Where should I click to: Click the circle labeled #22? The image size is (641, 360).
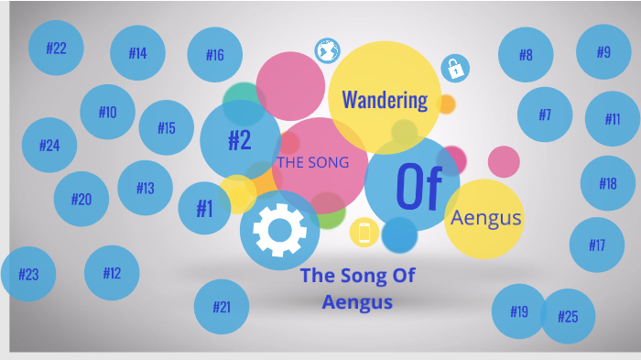[x=56, y=48]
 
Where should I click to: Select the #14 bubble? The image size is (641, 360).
[x=137, y=52]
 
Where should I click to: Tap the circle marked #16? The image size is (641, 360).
[x=214, y=55]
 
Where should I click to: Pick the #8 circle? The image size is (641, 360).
[x=526, y=54]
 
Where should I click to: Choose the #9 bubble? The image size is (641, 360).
[x=603, y=51]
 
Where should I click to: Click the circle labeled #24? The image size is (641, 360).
[x=49, y=145]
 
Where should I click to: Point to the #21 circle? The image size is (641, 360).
[x=222, y=307]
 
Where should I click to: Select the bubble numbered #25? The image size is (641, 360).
[x=568, y=316]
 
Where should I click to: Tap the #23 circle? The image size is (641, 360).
[x=28, y=274]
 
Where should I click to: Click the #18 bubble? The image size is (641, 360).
[x=608, y=183]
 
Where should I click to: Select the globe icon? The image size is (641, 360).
[x=327, y=51]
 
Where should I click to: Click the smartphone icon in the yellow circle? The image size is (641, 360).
[x=364, y=233]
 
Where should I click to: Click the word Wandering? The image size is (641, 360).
[x=385, y=99]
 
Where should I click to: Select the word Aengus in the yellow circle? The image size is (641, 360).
[x=485, y=217]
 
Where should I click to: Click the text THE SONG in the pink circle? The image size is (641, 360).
[x=313, y=163]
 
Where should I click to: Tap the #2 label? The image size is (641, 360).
[x=239, y=140]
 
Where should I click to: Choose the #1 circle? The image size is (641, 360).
[x=204, y=209]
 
